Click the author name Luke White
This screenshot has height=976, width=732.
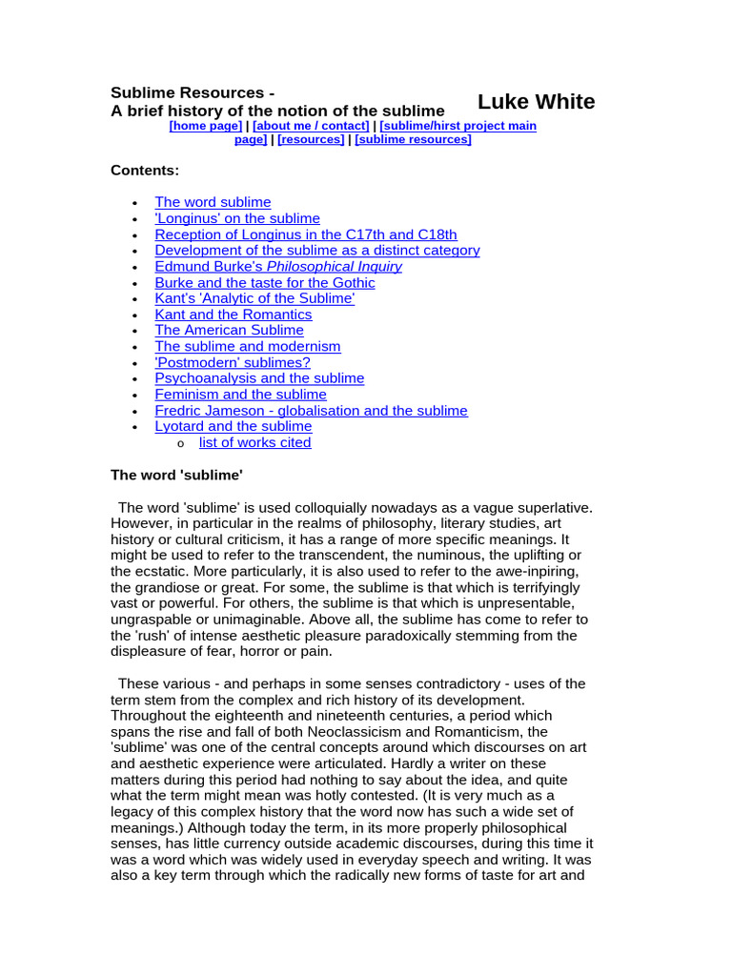coord(536,102)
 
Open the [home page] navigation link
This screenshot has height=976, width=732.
coord(205,126)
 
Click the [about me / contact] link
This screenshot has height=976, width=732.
coord(311,126)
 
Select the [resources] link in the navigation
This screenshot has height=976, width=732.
coord(311,139)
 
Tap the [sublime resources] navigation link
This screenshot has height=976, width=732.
coord(413,139)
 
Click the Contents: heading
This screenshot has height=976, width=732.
coord(145,171)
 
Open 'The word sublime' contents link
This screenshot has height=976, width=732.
coord(213,202)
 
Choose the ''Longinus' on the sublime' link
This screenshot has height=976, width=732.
coord(237,218)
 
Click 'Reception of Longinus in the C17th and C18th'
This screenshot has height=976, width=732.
coord(306,234)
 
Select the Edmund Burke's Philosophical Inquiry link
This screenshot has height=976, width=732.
coord(278,267)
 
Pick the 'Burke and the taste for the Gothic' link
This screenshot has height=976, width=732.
coord(265,283)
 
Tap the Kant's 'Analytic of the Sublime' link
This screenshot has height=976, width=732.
coord(254,298)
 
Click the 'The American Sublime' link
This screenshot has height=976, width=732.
coord(229,331)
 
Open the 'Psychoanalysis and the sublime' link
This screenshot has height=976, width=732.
coord(259,378)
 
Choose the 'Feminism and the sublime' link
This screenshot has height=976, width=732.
coord(240,395)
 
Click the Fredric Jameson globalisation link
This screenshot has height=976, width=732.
coord(311,411)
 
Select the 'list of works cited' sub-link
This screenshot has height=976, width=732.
coord(254,442)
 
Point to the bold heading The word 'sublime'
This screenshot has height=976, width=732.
coord(170,475)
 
